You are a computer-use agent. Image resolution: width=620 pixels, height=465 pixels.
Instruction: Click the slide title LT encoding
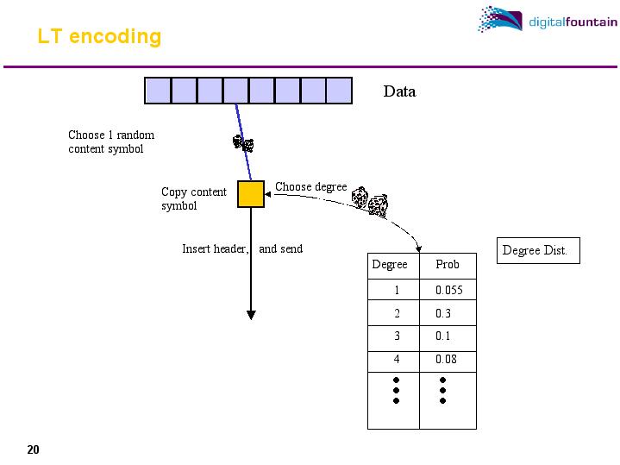[x=99, y=37]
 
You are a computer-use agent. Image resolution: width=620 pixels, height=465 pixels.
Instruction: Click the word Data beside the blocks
[x=399, y=91]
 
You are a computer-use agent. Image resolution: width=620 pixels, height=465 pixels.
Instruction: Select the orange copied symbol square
[x=251, y=193]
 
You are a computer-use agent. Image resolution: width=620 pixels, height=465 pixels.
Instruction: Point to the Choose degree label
[x=310, y=186]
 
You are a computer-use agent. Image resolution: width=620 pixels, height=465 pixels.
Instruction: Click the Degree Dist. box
[x=535, y=251]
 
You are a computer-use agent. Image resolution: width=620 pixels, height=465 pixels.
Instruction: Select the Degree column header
[x=389, y=265]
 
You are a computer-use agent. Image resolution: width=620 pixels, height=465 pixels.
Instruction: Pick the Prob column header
[x=448, y=265]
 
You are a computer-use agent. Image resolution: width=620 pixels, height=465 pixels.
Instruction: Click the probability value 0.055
[x=448, y=290]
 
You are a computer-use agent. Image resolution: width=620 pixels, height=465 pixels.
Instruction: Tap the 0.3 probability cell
[x=442, y=314]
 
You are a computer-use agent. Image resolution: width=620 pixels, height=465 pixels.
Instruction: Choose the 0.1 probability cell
[x=442, y=336]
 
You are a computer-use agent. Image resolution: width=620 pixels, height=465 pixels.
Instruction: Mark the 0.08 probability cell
[x=446, y=360]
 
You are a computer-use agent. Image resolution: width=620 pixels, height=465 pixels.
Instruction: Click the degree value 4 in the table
[x=397, y=360]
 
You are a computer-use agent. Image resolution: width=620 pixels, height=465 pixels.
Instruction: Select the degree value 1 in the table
[x=397, y=290]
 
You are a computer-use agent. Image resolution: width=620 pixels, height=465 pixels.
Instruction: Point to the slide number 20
[x=33, y=449]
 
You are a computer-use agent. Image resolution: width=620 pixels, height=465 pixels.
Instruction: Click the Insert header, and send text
[x=242, y=249]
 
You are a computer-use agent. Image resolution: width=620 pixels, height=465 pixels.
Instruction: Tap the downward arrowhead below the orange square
[x=251, y=314]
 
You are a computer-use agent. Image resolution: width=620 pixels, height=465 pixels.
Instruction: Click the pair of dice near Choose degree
[x=371, y=201]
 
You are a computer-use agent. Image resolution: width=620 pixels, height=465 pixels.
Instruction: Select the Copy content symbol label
[x=193, y=199]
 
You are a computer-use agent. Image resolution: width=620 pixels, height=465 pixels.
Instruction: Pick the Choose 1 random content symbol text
[x=111, y=142]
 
